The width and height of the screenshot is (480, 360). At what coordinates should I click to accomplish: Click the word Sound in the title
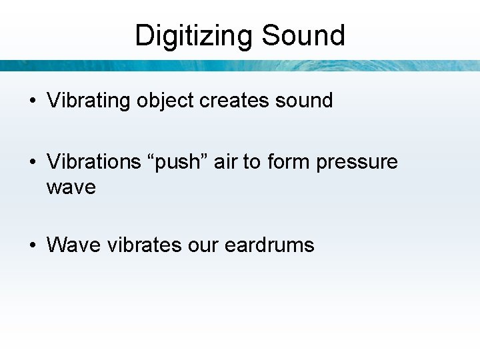(303, 35)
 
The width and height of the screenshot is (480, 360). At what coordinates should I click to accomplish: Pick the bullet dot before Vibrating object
(33, 101)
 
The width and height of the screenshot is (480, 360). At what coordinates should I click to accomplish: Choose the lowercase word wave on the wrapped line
(71, 188)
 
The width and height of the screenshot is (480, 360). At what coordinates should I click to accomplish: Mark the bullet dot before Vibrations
(33, 163)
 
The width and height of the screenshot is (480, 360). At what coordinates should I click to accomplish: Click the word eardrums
(269, 245)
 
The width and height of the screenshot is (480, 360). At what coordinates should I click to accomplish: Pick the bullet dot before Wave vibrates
(33, 246)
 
